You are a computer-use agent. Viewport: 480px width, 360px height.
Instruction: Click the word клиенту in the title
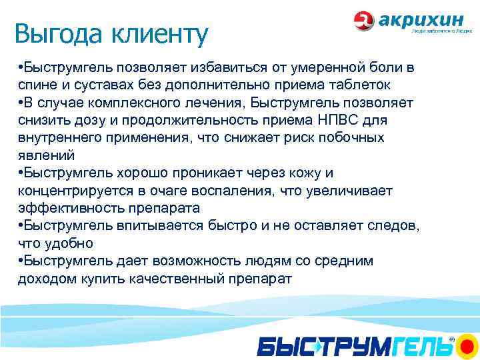coord(157,33)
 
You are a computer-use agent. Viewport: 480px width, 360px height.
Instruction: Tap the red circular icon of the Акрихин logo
coord(364,21)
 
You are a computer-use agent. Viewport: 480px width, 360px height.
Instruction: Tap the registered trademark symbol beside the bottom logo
coord(451,339)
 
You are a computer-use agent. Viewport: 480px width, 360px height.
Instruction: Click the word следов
coord(393,225)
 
